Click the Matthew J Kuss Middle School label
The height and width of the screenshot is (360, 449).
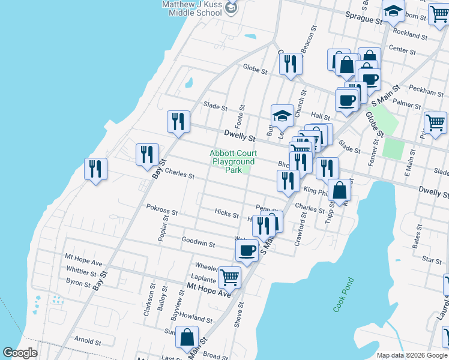click(x=192, y=8)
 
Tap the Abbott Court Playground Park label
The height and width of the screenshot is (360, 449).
click(x=233, y=161)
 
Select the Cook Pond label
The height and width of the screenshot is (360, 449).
click(x=344, y=294)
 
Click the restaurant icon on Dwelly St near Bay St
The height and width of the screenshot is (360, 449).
click(x=178, y=121)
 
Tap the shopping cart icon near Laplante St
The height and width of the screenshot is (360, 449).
click(x=229, y=277)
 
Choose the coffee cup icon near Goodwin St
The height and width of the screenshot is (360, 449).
click(x=247, y=250)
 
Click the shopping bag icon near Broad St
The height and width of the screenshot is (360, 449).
click(x=187, y=337)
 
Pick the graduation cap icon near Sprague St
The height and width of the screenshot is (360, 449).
click(x=393, y=11)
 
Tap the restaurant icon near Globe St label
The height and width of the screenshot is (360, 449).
click(x=291, y=63)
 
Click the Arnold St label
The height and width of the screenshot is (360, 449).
click(x=87, y=342)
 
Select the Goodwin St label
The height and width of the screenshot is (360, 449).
click(x=199, y=243)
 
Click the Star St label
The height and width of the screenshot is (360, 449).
click(x=432, y=260)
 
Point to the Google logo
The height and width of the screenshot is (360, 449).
click(x=20, y=352)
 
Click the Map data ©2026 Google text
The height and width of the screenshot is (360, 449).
click(x=411, y=355)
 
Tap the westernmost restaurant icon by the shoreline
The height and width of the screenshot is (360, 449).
click(x=95, y=169)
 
